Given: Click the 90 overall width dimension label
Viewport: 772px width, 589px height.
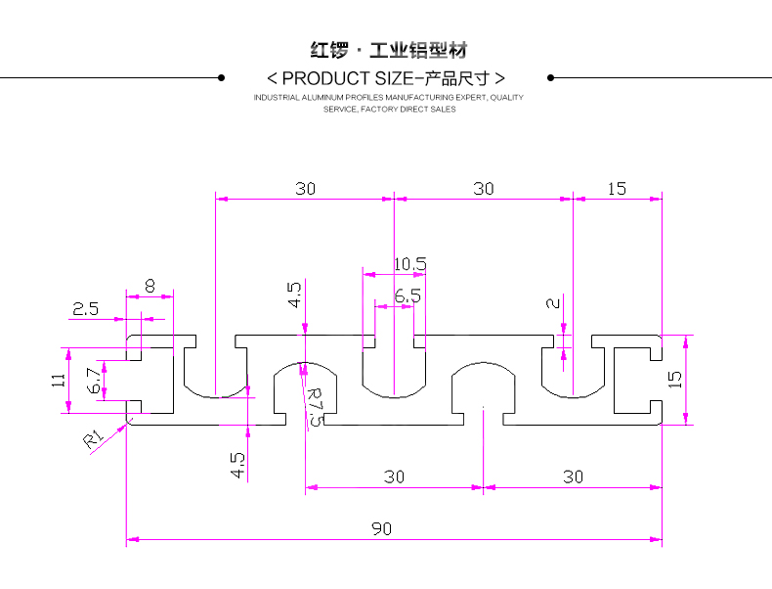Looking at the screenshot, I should pos(381,529).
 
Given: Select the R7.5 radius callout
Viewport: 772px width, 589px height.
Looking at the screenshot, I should pos(315,405).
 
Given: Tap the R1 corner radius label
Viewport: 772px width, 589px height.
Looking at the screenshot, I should pos(93,439).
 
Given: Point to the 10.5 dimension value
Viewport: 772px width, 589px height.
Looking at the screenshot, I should pos(410,264).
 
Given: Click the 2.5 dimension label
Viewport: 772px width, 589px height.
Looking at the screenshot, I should pos(85,308).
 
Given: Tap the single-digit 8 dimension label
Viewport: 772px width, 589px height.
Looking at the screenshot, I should pos(150,286).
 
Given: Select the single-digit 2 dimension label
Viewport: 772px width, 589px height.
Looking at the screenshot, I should pos(554,303).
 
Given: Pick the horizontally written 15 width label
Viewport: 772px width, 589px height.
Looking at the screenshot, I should pos(617,189).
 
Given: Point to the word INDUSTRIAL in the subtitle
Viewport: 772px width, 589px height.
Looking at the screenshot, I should pos(278,98).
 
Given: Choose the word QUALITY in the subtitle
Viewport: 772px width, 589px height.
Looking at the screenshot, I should pos(507,98).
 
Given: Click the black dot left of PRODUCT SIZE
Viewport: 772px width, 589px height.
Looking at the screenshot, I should pos(221,77).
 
